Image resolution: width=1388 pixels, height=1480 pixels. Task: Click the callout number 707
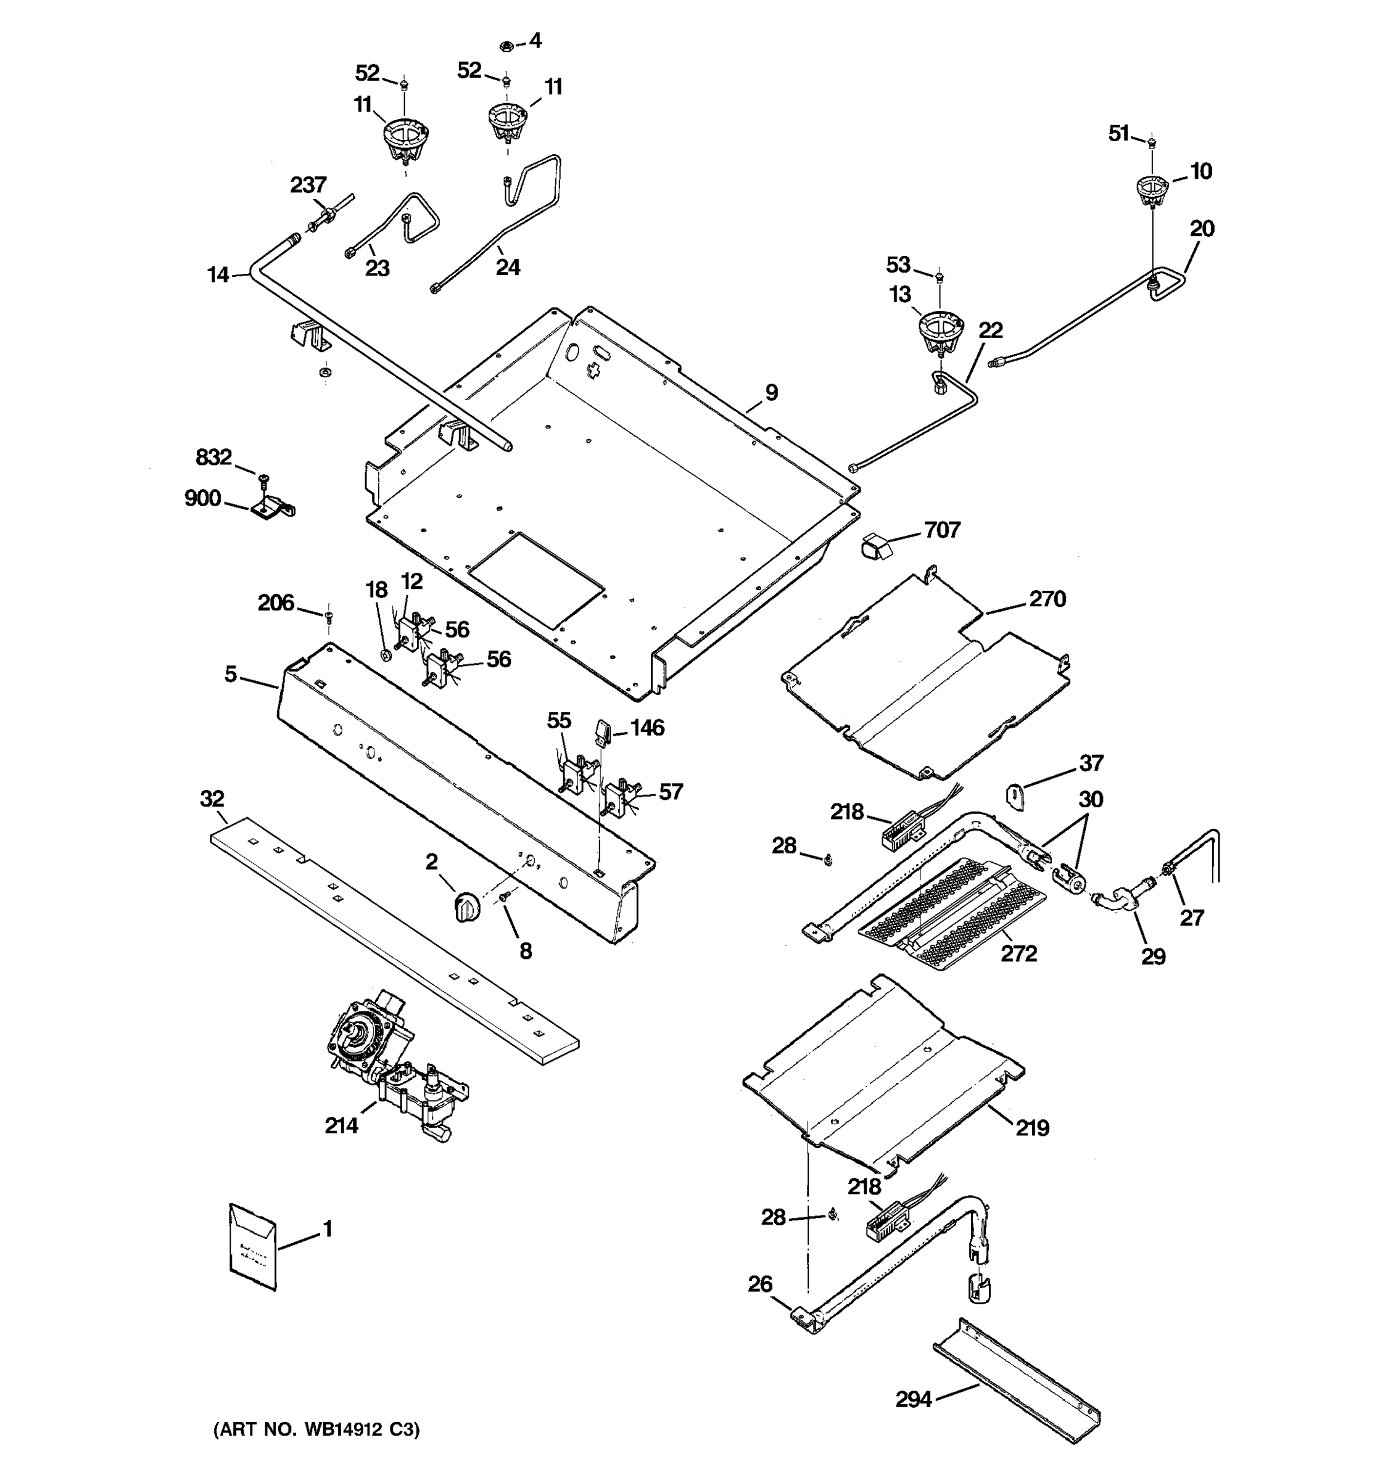tap(942, 530)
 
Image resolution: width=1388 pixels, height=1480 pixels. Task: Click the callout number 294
tap(913, 1400)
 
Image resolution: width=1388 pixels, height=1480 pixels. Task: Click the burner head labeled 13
tap(939, 331)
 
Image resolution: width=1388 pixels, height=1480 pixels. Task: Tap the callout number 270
tap(1047, 599)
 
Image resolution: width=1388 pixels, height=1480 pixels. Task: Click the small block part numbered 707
tap(877, 547)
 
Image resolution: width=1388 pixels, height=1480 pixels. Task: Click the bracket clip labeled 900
tap(273, 508)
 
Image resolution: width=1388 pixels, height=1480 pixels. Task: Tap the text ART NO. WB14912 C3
tap(316, 1429)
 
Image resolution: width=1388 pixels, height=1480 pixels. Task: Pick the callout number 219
tap(1032, 1128)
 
